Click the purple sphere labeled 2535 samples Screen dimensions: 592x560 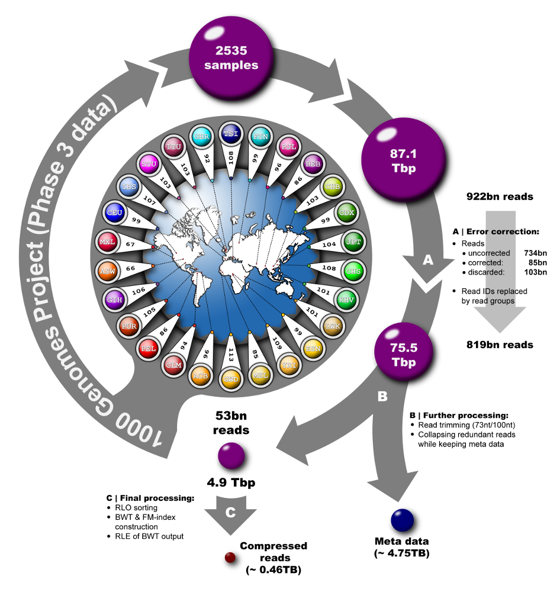click(231, 57)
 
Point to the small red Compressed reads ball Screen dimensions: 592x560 click(230, 557)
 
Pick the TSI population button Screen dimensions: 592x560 click(230, 134)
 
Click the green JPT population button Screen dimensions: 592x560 click(354, 242)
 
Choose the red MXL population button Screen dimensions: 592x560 click(107, 242)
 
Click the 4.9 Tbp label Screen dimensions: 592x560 click(231, 482)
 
